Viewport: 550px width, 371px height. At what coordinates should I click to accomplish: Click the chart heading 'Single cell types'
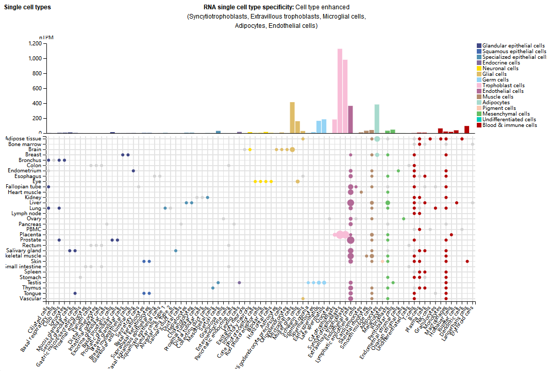[x=27, y=8]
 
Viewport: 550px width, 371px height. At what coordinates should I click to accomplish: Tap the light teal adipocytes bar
[x=377, y=119]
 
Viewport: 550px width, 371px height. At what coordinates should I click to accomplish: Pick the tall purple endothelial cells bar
[x=351, y=119]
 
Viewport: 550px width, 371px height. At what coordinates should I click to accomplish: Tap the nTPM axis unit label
[x=46, y=38]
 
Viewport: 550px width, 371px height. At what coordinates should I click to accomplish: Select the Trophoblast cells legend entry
[x=504, y=85]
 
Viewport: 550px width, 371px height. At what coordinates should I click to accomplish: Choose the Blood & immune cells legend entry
[x=509, y=125]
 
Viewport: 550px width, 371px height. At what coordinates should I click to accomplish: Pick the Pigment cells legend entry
[x=499, y=108]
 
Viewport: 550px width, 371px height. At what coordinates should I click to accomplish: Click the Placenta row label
[x=31, y=235]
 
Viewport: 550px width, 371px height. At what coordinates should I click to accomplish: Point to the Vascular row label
[x=30, y=298]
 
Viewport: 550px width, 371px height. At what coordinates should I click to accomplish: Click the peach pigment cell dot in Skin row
[x=382, y=262]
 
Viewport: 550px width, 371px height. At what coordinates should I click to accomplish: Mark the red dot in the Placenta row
[x=451, y=235]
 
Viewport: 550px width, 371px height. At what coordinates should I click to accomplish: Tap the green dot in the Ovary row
[x=403, y=219]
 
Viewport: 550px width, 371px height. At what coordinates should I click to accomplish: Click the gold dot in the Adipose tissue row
[x=303, y=139]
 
